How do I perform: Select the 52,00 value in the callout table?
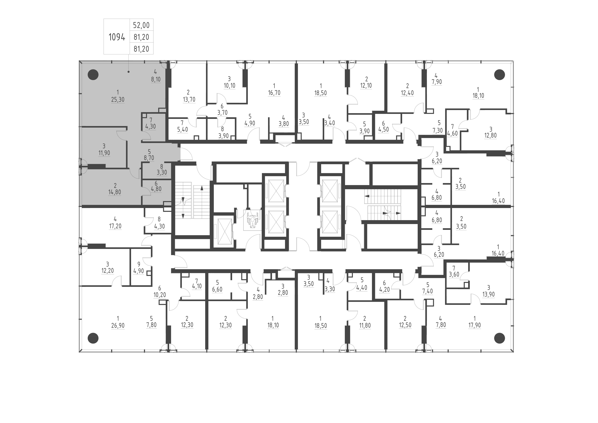click(x=141, y=25)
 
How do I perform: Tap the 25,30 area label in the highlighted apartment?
click(x=118, y=100)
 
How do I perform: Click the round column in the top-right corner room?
click(x=499, y=75)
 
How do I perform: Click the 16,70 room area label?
click(x=274, y=93)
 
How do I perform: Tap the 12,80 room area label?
click(x=490, y=136)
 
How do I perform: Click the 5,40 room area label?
click(x=182, y=130)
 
